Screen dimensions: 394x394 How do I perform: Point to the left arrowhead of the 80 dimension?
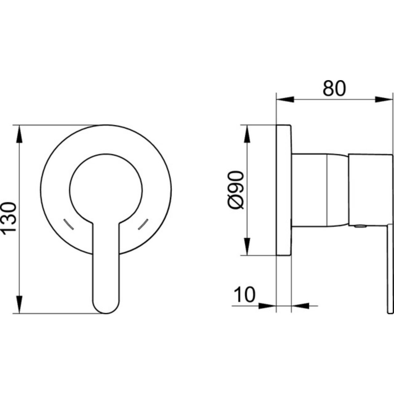[285, 99]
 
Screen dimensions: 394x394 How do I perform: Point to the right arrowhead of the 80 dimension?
[383, 99]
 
